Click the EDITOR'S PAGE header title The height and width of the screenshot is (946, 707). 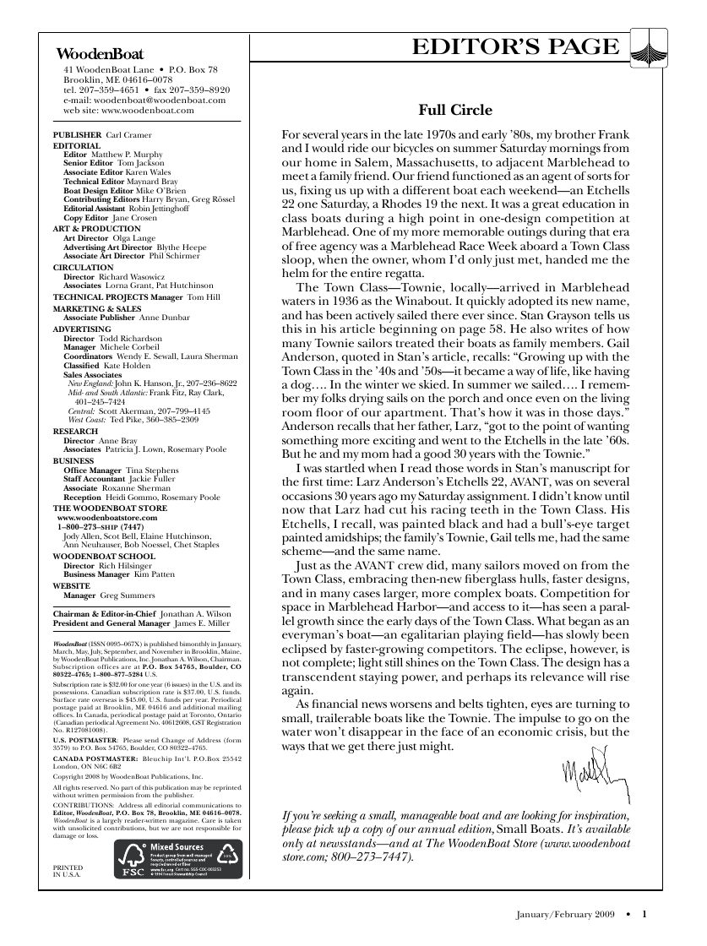click(516, 47)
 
